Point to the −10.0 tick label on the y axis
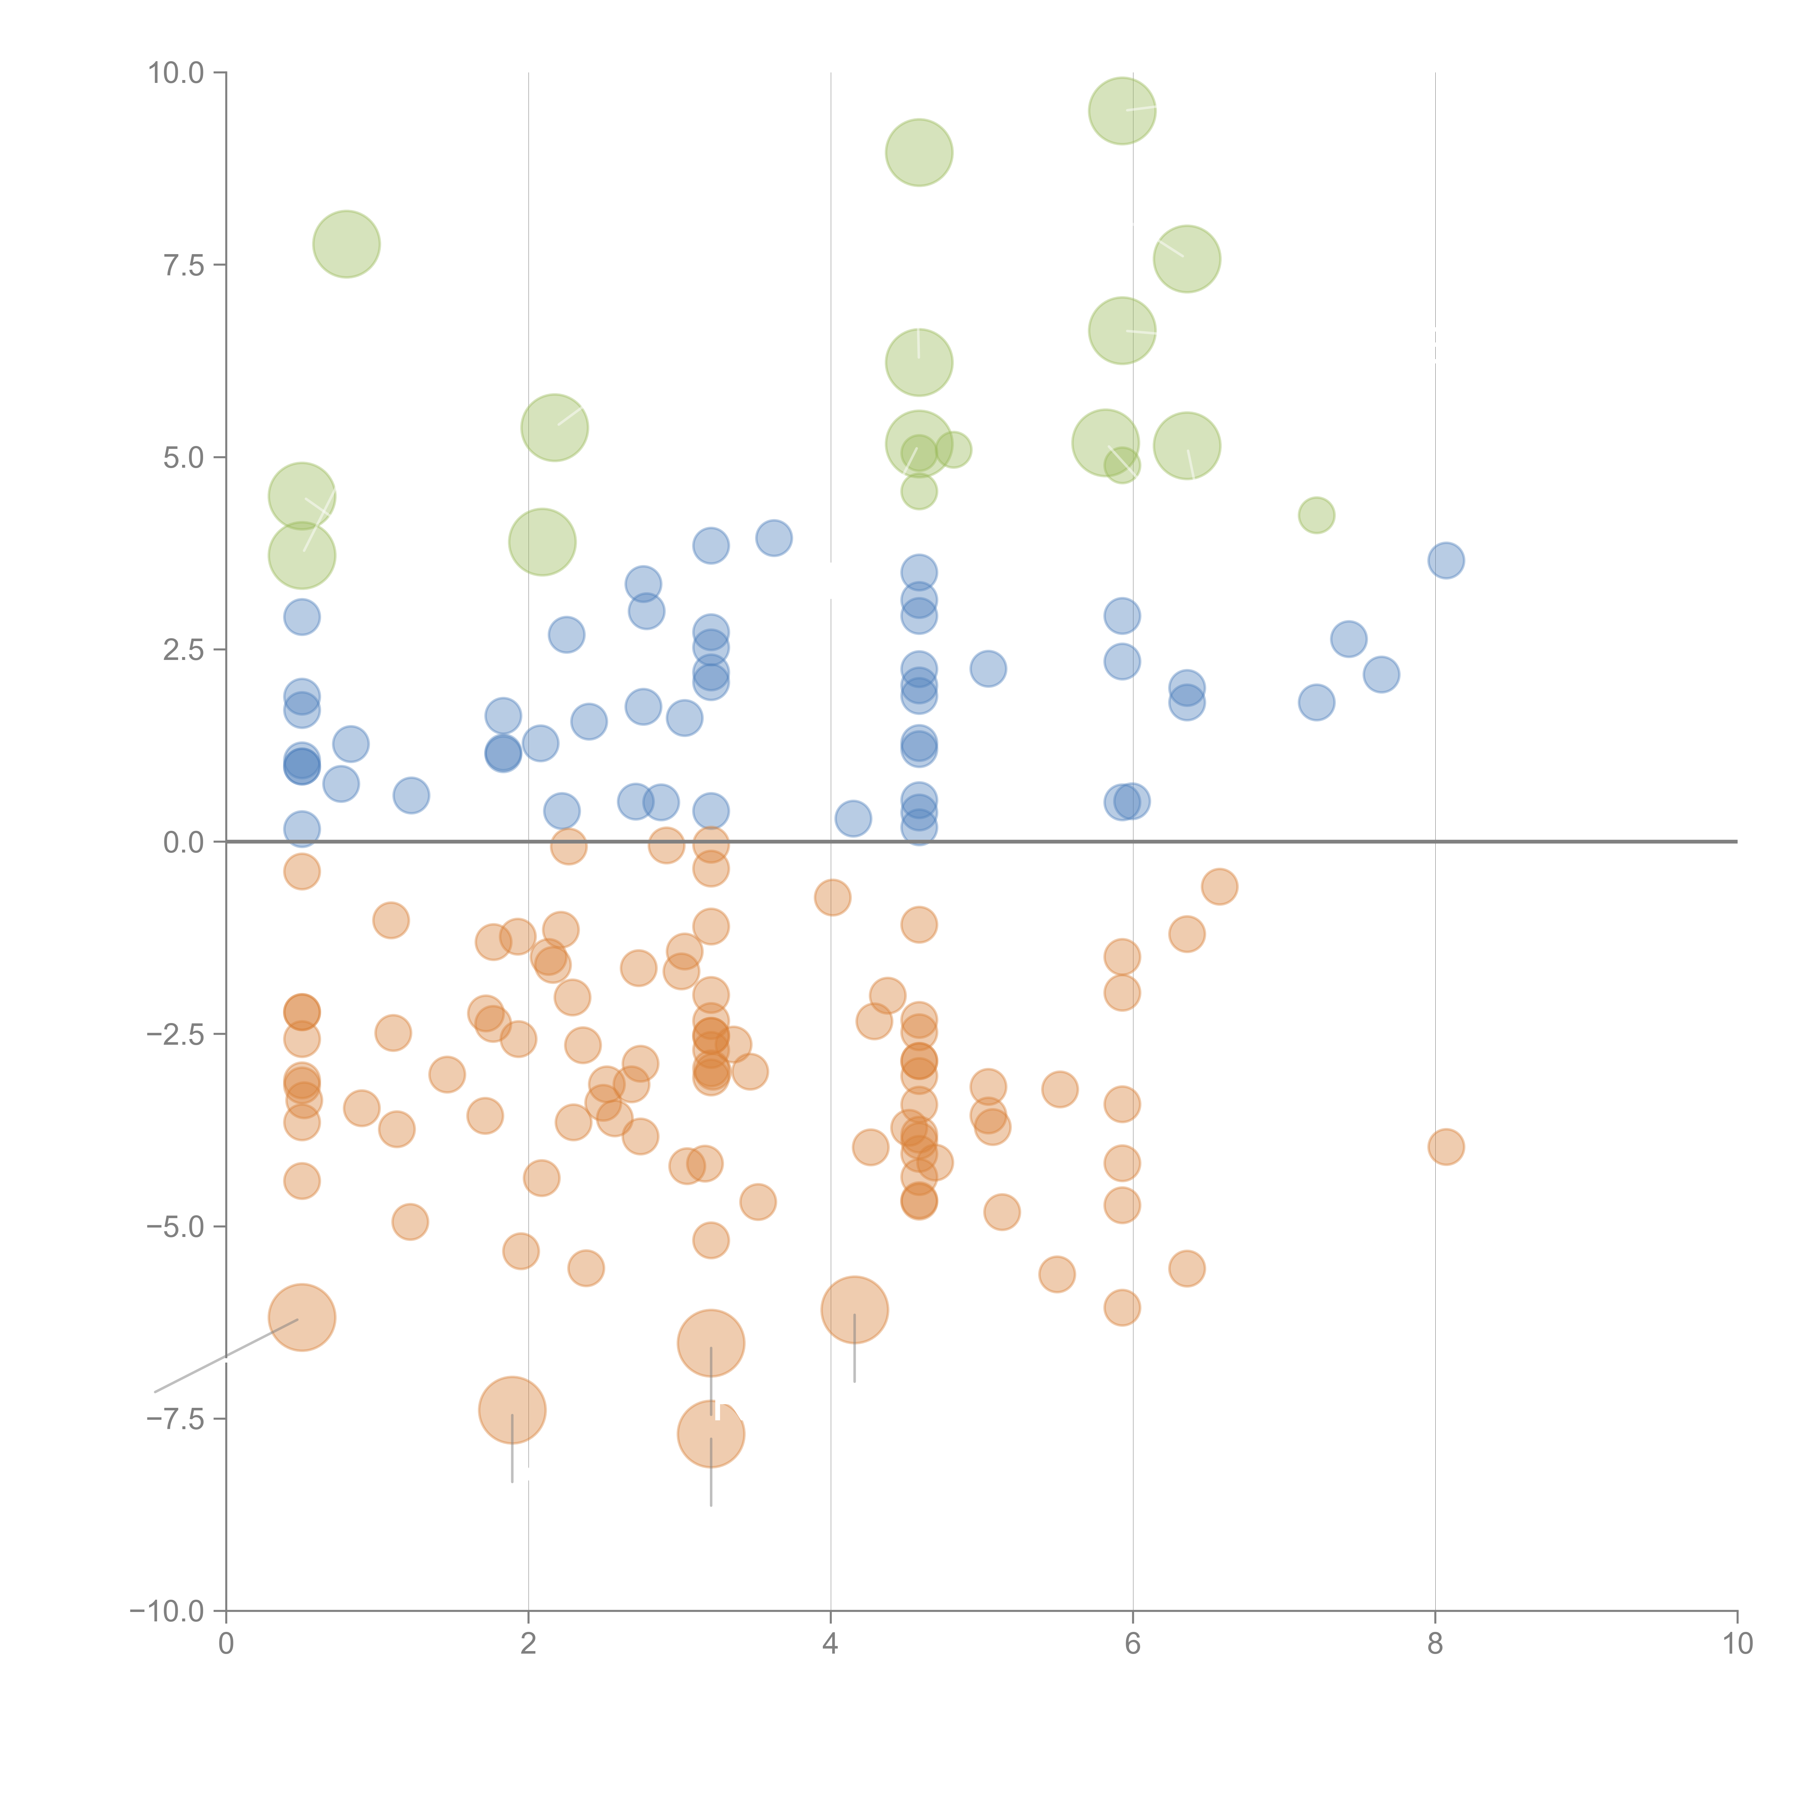tap(167, 1611)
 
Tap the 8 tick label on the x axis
tap(1434, 1644)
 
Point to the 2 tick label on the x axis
tap(529, 1644)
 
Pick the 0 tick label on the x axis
tap(226, 1644)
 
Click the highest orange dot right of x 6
tap(1219, 886)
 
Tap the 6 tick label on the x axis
tap(1133, 1644)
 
